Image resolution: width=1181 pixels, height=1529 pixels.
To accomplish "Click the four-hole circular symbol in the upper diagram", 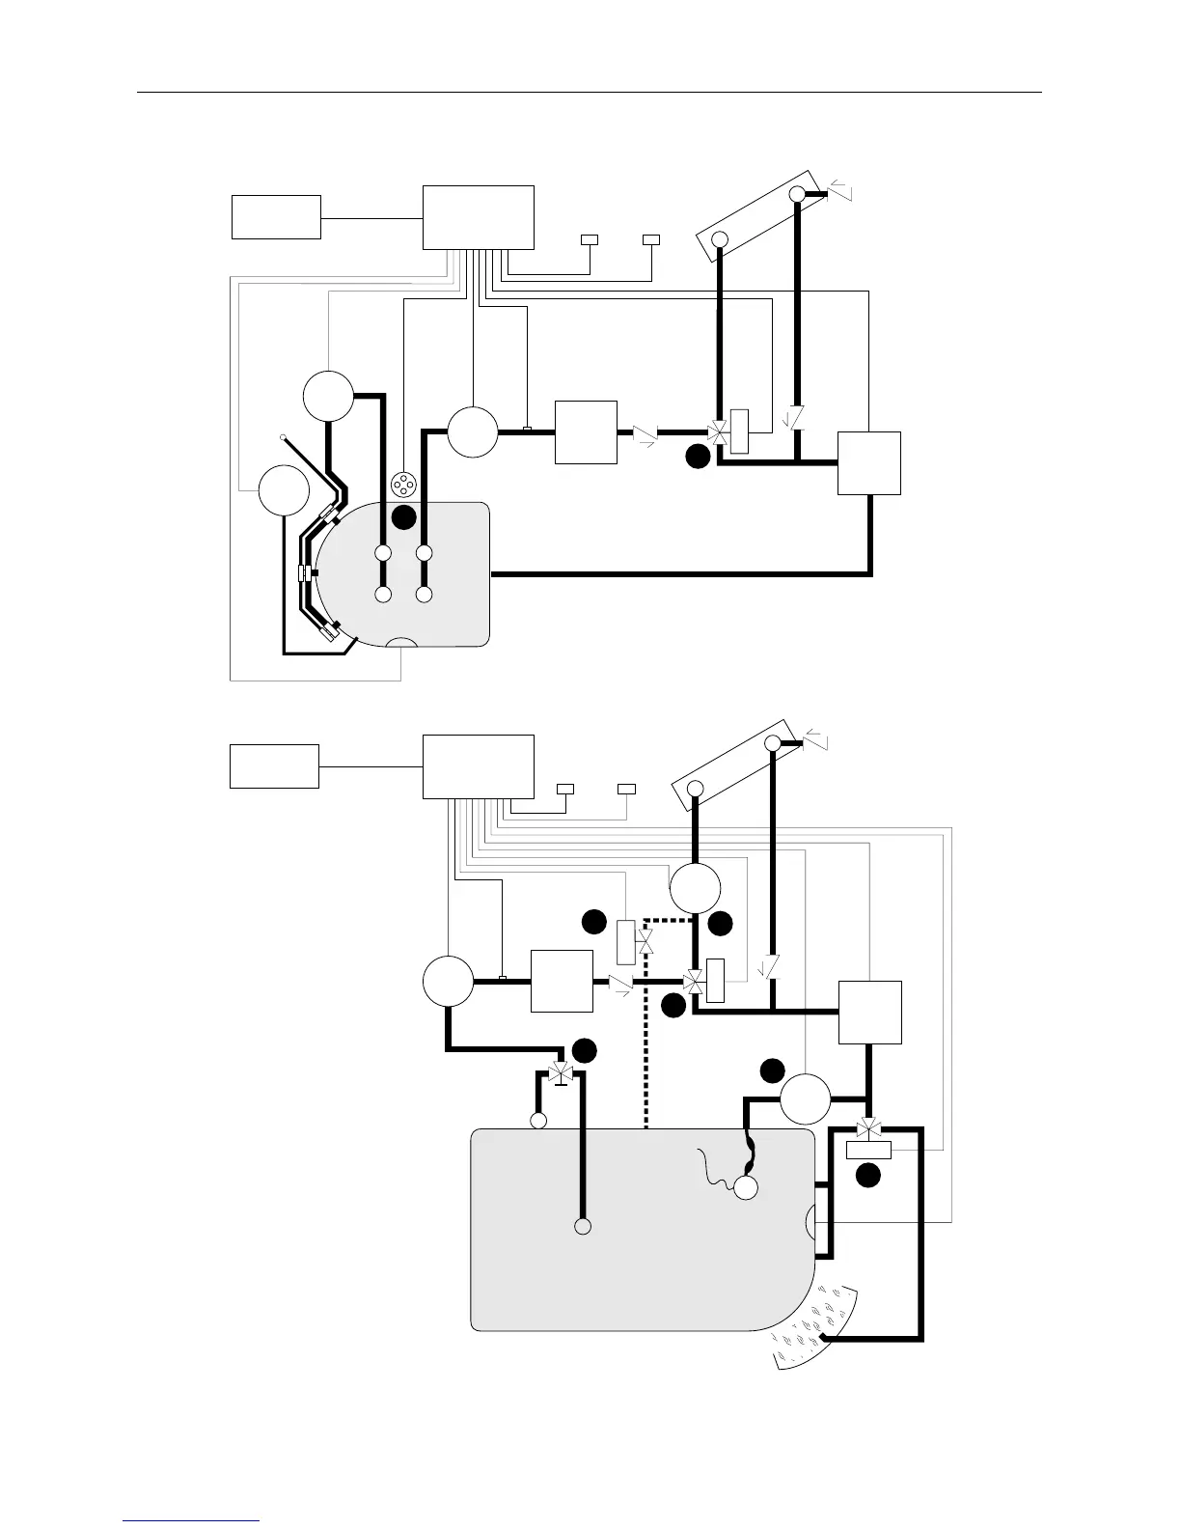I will click(x=402, y=486).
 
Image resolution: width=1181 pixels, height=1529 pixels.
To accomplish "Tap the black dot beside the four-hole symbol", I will click(x=403, y=517).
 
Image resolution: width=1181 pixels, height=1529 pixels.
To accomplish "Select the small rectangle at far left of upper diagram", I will click(x=276, y=216).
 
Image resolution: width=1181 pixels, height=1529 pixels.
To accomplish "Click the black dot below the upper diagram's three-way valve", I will click(x=698, y=459).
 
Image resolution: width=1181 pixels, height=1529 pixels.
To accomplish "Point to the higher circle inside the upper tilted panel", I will click(x=797, y=194).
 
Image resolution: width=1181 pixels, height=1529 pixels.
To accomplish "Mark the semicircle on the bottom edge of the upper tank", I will click(x=401, y=643).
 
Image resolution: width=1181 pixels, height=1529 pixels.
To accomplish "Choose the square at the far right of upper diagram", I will click(x=868, y=463).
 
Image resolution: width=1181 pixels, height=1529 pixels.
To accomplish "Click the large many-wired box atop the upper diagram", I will click(x=479, y=217).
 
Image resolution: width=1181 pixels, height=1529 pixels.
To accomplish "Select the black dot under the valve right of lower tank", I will click(x=868, y=1175).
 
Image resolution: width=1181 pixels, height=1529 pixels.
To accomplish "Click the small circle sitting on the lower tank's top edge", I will click(x=538, y=1121).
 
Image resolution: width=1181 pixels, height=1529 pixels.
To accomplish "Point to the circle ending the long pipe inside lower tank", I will click(x=582, y=1227).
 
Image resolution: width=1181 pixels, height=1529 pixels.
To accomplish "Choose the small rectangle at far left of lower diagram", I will click(x=274, y=766).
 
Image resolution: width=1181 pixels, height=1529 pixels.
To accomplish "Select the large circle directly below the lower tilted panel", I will click(x=695, y=887).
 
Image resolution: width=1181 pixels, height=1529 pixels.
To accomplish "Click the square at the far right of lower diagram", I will click(x=869, y=1013).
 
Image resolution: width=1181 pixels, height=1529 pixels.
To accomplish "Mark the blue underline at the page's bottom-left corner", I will click(x=191, y=1521).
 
